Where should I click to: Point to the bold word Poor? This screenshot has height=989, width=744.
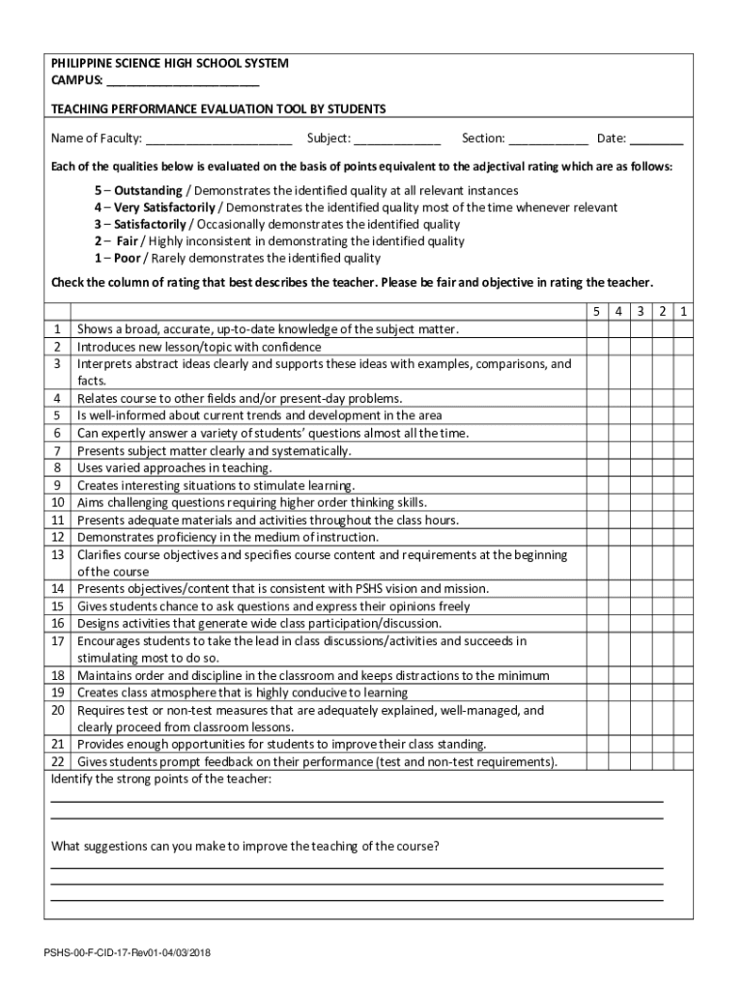(128, 258)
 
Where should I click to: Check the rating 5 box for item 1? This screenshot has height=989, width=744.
(596, 329)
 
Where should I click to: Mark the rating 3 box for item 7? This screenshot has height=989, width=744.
(640, 451)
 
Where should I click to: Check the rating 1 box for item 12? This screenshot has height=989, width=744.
(682, 537)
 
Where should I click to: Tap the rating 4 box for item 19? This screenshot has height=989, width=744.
(618, 692)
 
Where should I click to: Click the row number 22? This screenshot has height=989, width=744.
(57, 762)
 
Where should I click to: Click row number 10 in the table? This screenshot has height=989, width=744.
(57, 502)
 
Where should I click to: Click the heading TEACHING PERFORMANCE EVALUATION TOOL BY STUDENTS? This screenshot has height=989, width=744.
(218, 109)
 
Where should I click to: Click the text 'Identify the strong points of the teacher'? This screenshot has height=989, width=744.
(160, 779)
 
